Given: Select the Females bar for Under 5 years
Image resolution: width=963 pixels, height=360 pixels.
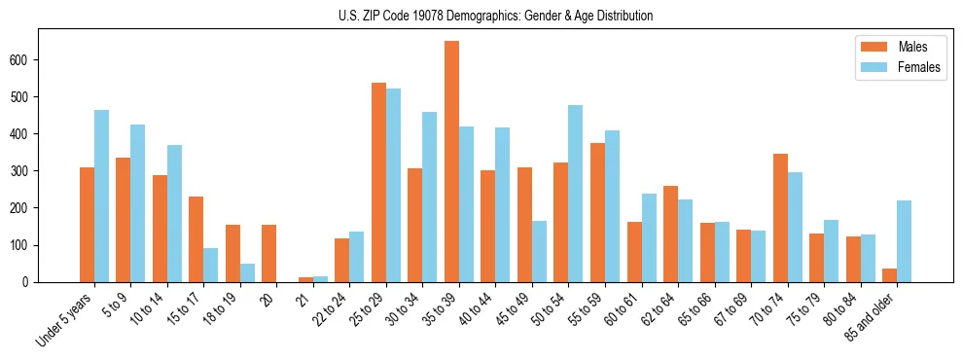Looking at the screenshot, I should pos(101,196).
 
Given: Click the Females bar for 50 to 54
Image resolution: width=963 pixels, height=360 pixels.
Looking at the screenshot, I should pos(576,194).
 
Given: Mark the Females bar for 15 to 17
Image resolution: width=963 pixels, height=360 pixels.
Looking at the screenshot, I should pos(211,265).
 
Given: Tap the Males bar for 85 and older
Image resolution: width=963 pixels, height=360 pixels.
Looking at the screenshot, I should pos(889,275).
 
